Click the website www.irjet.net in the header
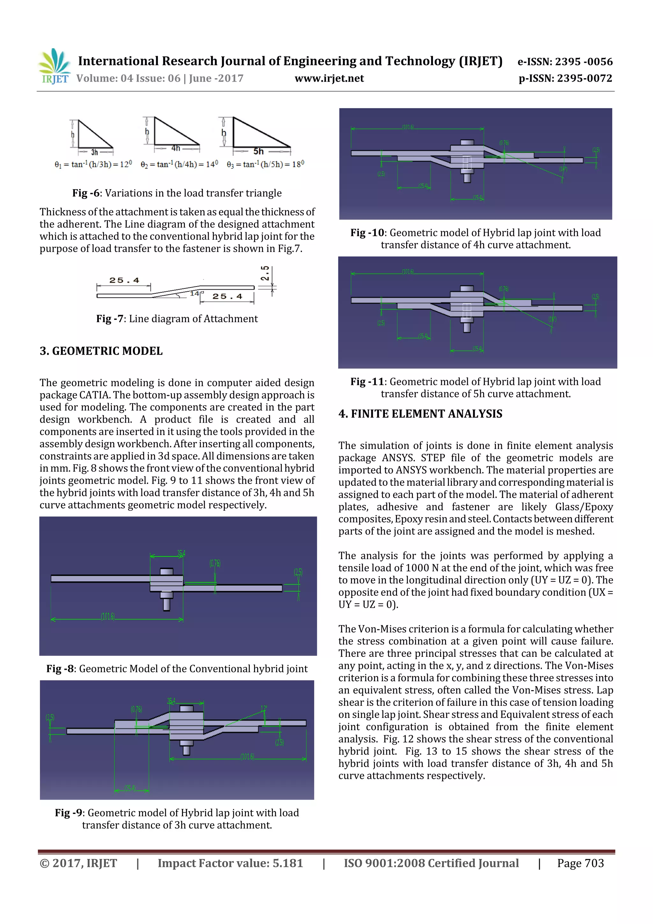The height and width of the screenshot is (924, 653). pyautogui.click(x=329, y=78)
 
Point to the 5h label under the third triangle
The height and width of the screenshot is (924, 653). pyautogui.click(x=258, y=151)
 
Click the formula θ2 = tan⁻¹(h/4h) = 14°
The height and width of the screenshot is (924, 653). pyautogui.click(x=179, y=164)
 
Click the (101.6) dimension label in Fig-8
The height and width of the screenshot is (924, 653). pyautogui.click(x=107, y=617)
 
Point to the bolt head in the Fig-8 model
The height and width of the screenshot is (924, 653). pyautogui.click(x=166, y=572)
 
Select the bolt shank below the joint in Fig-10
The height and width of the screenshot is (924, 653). pyautogui.click(x=467, y=177)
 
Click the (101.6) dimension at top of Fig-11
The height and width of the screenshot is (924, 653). pyautogui.click(x=407, y=272)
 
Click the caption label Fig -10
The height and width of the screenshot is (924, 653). pyautogui.click(x=367, y=233)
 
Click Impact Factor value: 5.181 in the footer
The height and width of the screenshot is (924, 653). pyautogui.click(x=230, y=863)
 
